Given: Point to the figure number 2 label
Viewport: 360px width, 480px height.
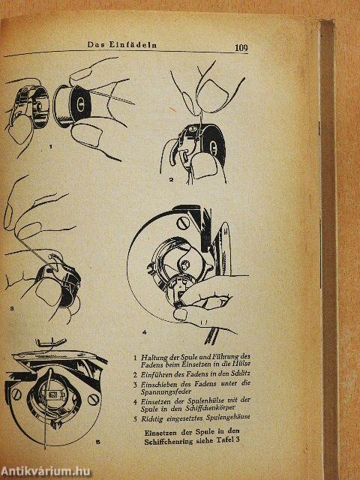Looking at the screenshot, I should (x=171, y=180).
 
